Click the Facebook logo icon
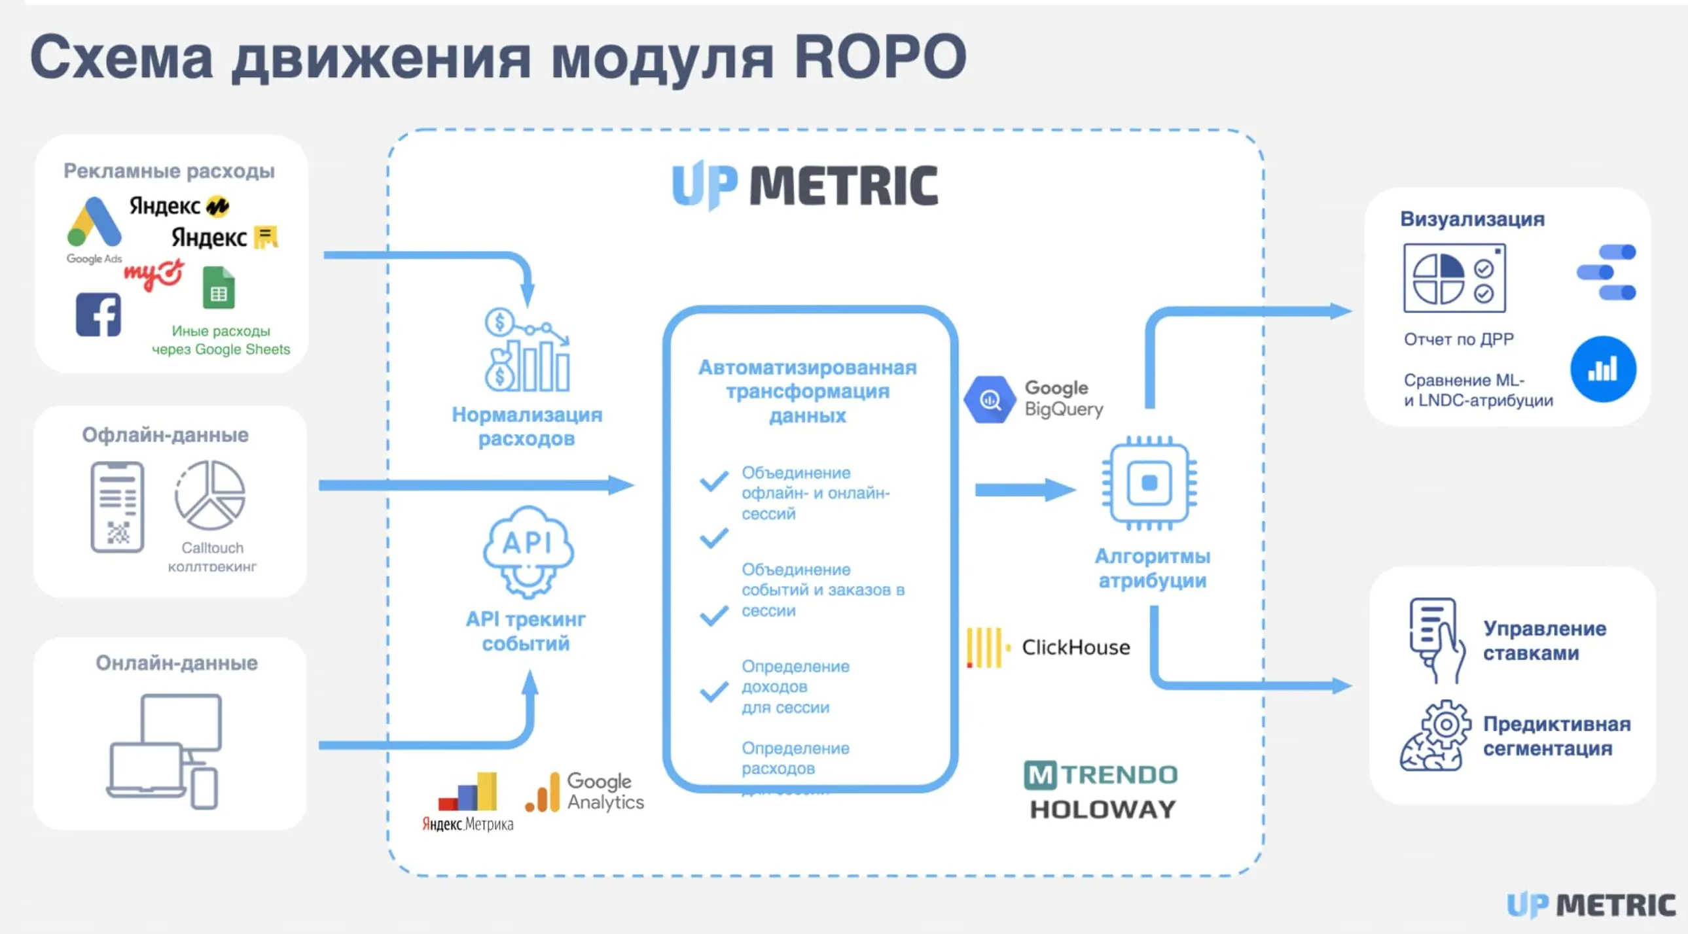[98, 315]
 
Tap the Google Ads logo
[94, 223]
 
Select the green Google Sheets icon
[218, 288]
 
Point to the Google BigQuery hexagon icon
[990, 399]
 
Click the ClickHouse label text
[1075, 648]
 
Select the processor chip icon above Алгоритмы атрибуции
[1149, 483]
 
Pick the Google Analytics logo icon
[543, 793]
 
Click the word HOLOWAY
[1103, 810]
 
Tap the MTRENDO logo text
[1101, 776]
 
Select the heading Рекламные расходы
[169, 171]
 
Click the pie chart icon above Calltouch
[209, 495]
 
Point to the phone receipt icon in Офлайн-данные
[117, 507]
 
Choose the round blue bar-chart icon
[1603, 370]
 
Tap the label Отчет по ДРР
[1459, 339]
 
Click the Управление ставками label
[1544, 640]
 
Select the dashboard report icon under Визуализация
[1454, 279]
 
